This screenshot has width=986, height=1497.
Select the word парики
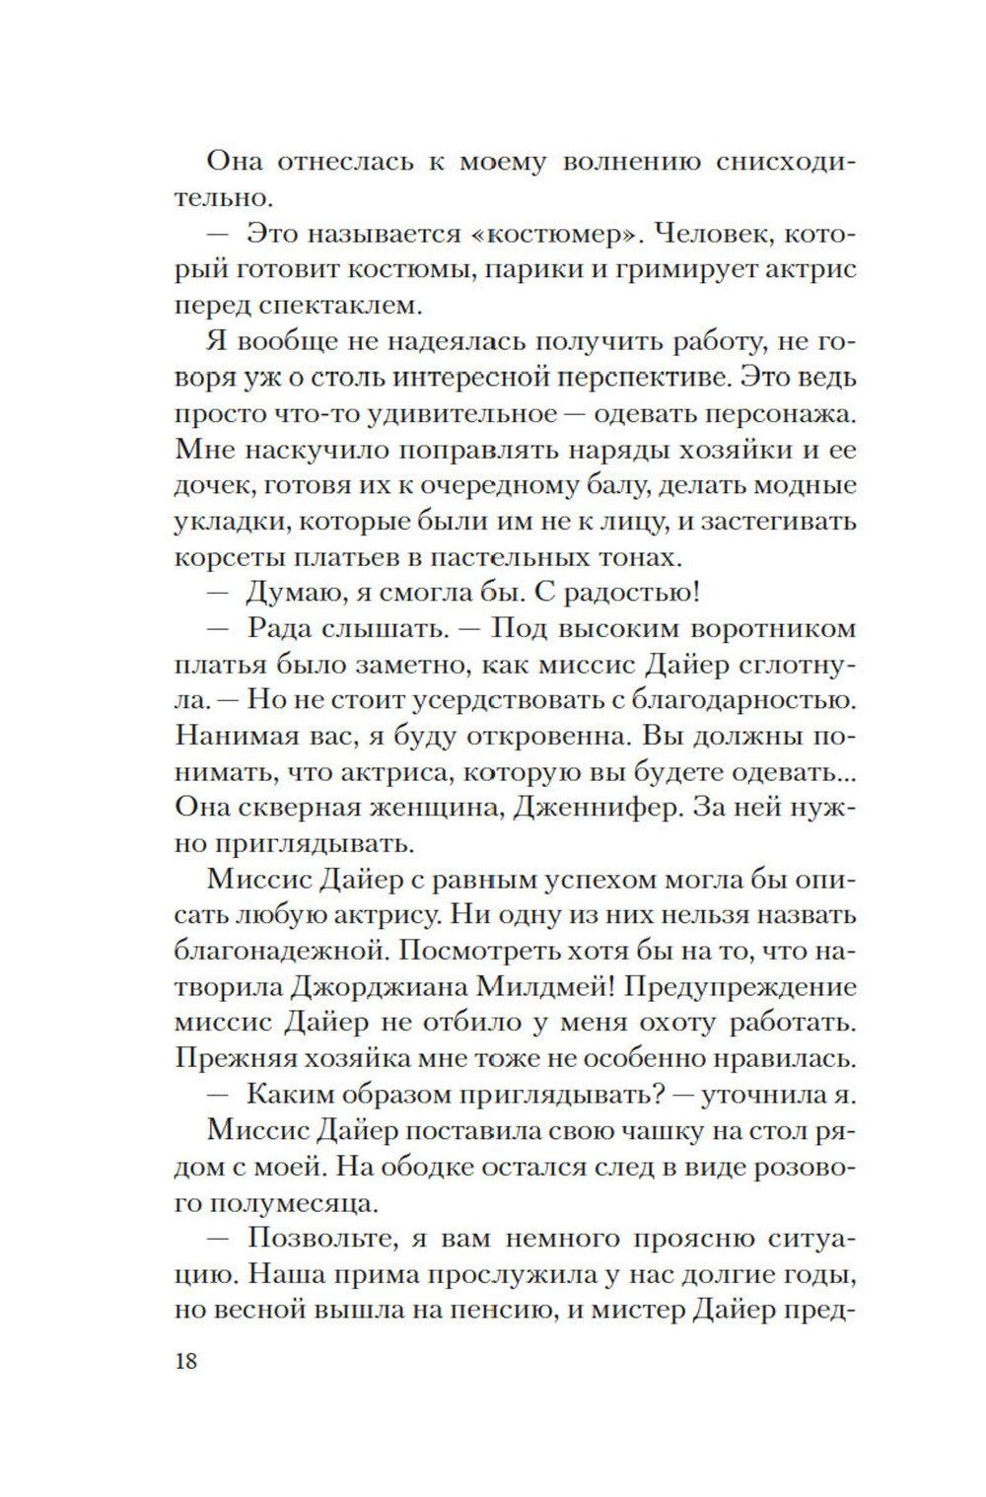pos(540,272)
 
